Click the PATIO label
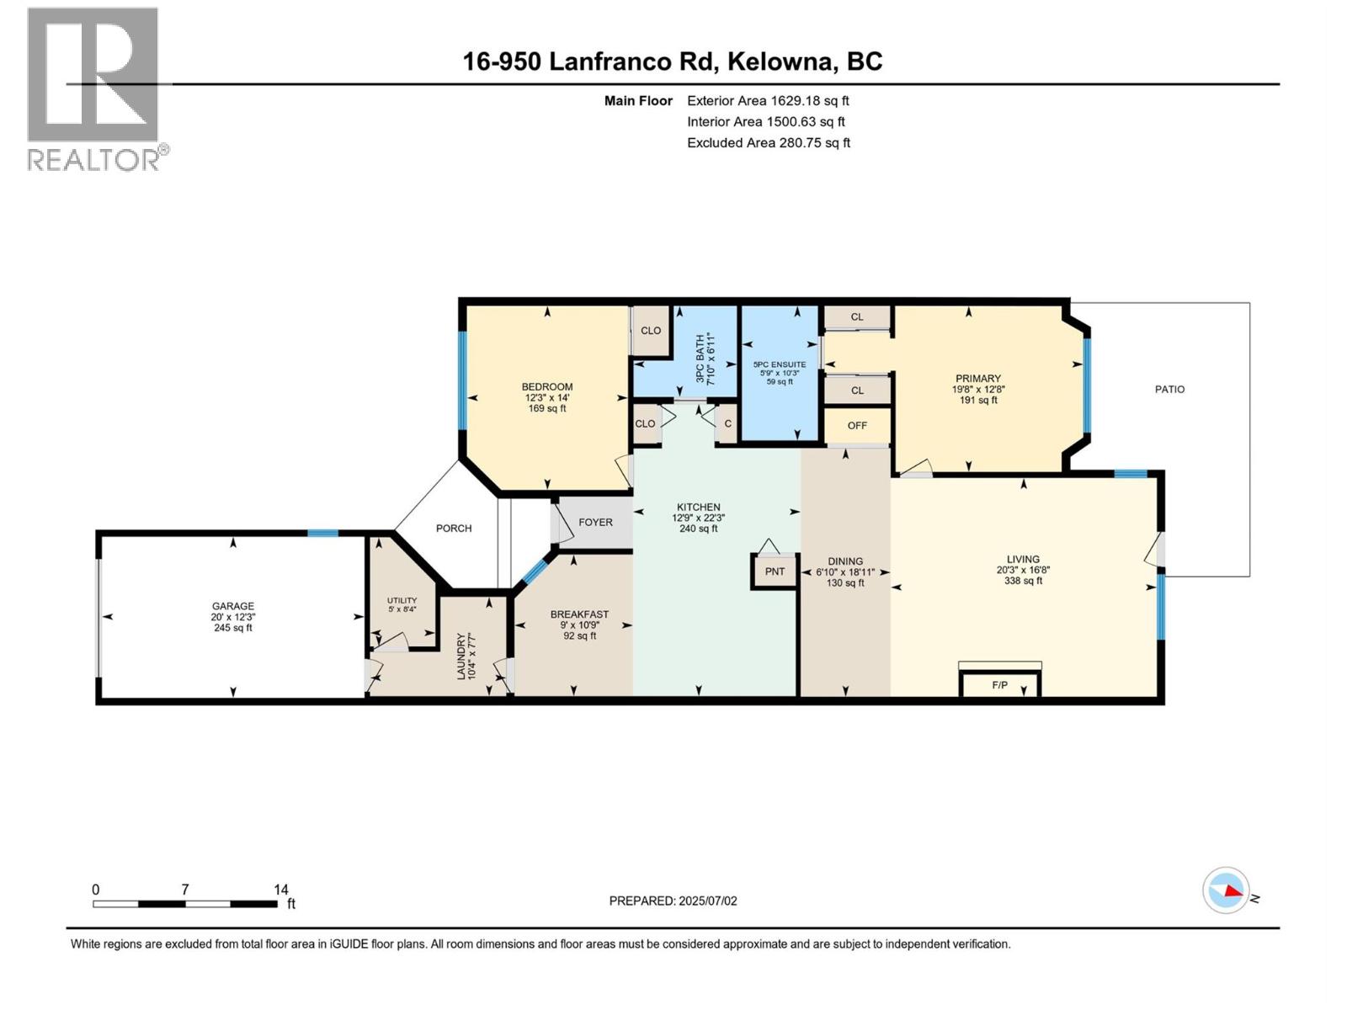tap(1169, 390)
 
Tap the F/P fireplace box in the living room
tap(1000, 684)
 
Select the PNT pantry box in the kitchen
tap(775, 571)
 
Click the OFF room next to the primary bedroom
tap(857, 425)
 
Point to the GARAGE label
tap(233, 606)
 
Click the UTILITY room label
tap(402, 600)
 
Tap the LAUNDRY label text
tap(461, 656)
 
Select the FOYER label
tap(595, 523)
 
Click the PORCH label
tap(454, 529)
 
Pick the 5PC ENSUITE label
tap(780, 364)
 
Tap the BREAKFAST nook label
tap(579, 614)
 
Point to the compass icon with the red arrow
tap(1226, 890)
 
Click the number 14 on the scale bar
tap(281, 889)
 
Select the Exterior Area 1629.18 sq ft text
tap(768, 101)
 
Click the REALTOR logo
tap(94, 88)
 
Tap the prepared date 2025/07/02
tap(707, 901)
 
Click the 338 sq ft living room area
tap(1023, 581)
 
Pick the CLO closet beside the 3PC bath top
tap(651, 331)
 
